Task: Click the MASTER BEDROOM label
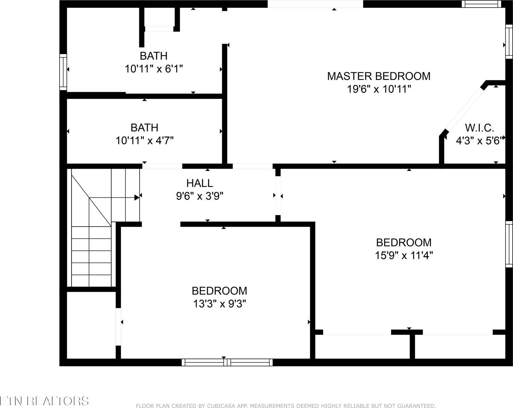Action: coord(379,76)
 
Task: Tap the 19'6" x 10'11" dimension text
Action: coord(379,89)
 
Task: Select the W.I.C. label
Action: coord(479,128)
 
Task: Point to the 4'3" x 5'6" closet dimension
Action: coord(479,140)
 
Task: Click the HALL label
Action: coord(199,183)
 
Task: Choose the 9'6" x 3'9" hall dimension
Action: coord(199,196)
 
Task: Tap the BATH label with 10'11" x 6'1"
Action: coord(154,55)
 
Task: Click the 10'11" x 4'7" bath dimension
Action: coord(145,140)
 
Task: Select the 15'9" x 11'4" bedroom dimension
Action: coord(404,255)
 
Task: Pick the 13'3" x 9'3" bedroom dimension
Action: coord(220,303)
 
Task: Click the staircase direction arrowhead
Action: coord(137,198)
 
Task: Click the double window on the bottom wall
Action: coord(227,362)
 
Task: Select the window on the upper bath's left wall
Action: coord(63,72)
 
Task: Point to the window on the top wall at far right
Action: coord(481,4)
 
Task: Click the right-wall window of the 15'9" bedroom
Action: coord(509,244)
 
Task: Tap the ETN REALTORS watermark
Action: coord(44,401)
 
